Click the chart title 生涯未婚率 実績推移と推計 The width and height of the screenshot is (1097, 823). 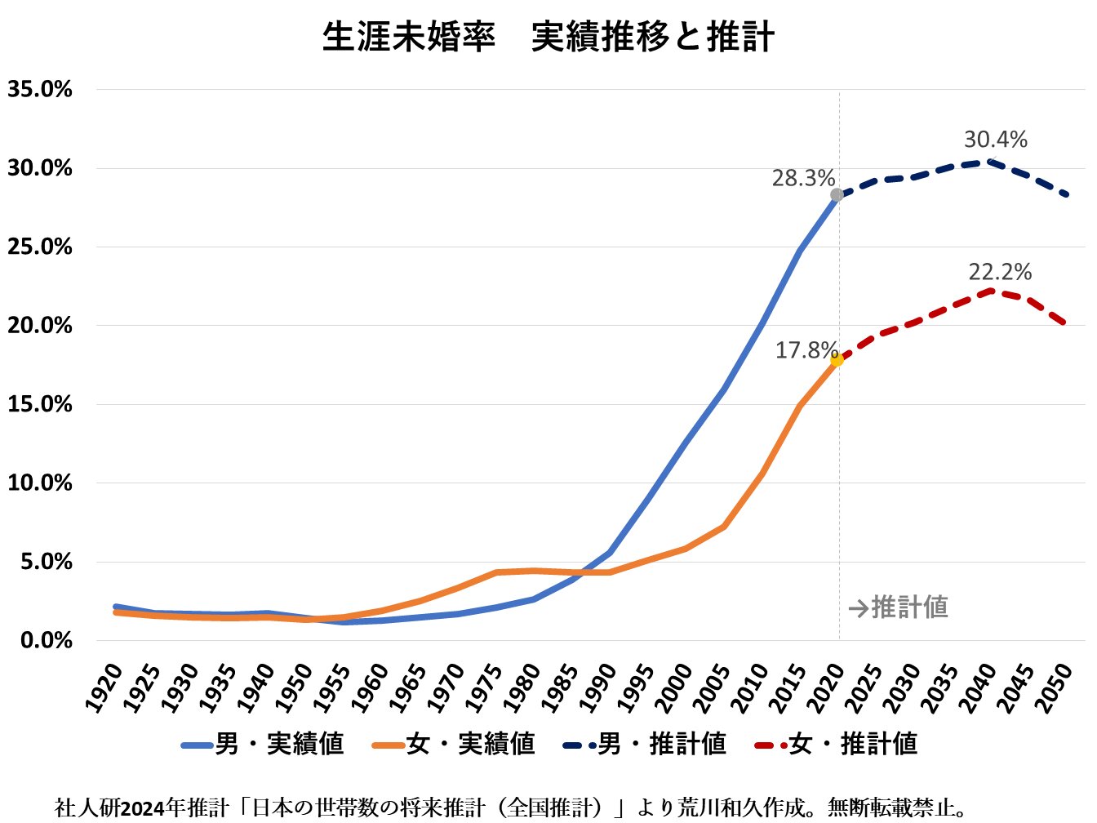pyautogui.click(x=548, y=38)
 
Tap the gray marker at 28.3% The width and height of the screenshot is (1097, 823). pyautogui.click(x=837, y=195)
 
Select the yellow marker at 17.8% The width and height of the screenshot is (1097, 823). pyautogui.click(x=837, y=359)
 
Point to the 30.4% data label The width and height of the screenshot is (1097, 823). pyautogui.click(x=995, y=140)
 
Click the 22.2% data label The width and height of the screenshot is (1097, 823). pyautogui.click(x=1000, y=273)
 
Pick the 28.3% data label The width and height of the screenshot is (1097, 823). pyautogui.click(x=803, y=178)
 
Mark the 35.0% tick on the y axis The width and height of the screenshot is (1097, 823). pyautogui.click(x=40, y=90)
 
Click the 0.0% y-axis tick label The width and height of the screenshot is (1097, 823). pyautogui.click(x=47, y=641)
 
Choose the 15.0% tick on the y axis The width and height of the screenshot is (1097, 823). pyautogui.click(x=40, y=404)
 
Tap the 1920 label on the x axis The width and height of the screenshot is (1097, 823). pyautogui.click(x=104, y=687)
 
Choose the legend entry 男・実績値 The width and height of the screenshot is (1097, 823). pyautogui.click(x=263, y=744)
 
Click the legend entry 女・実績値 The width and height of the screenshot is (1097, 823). pyautogui.click(x=454, y=744)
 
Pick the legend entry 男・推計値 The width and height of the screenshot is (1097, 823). pyautogui.click(x=645, y=744)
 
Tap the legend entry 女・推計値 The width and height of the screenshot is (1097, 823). pyautogui.click(x=836, y=744)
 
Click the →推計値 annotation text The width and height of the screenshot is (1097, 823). pyautogui.click(x=898, y=607)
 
